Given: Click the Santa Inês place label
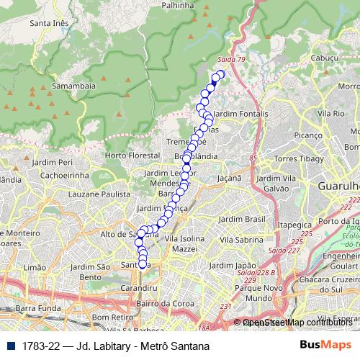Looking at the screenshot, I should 50,23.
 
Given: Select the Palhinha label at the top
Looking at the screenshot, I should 179,5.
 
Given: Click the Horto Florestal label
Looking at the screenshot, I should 131,156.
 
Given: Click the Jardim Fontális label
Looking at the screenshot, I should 241,114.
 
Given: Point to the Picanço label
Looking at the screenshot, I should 308,135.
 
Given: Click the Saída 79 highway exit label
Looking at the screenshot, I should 231,59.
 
